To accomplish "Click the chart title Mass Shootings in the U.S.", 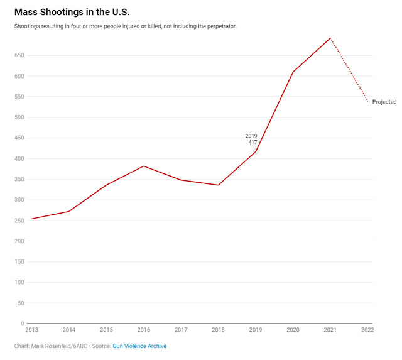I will tap(72, 12).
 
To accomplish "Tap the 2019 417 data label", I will tap(251, 139).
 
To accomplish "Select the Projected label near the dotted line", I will tap(384, 102).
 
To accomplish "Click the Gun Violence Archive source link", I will tap(139, 346).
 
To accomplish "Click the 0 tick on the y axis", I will tap(22, 324).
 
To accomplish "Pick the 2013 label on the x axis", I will tap(31, 330).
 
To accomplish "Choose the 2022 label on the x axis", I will tap(367, 330).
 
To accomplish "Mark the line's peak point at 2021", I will tap(330, 38).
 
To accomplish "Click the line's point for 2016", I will tap(144, 166).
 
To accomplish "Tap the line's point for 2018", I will tap(218, 185).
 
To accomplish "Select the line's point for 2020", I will tap(293, 72).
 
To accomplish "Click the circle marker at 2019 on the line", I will tap(256, 151).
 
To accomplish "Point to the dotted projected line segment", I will tap(349, 70).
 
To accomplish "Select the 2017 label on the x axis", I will tap(181, 330).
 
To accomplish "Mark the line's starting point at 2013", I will tap(31, 219).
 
